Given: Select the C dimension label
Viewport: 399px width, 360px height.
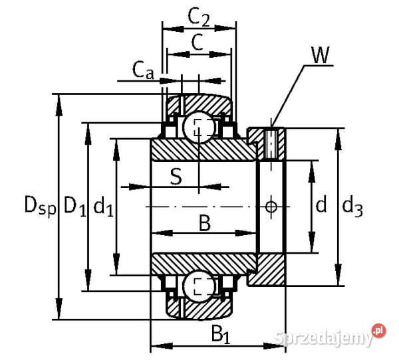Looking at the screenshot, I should point(198,42).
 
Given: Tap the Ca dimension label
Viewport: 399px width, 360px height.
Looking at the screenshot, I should point(143,68).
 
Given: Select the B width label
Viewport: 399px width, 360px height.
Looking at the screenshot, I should point(205,223).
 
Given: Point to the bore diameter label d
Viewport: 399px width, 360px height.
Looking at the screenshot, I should point(321,206).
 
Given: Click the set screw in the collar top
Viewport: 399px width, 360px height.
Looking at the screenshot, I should point(271,142).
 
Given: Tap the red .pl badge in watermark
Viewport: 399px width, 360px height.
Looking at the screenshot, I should point(378,330).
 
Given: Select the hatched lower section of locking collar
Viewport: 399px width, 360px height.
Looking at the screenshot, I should point(269,269).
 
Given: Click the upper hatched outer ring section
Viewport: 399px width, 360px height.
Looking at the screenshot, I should point(199,103).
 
